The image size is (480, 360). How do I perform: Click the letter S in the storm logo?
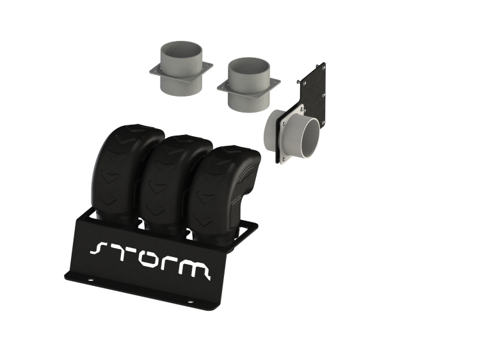(x=99, y=248)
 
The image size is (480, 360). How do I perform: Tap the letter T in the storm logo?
(x=120, y=253)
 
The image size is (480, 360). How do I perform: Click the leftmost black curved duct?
(x=122, y=171)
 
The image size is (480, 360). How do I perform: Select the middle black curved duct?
(x=172, y=184)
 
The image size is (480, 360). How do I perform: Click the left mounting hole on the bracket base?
(x=90, y=279)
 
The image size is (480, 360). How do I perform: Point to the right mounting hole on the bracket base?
(x=189, y=302)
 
